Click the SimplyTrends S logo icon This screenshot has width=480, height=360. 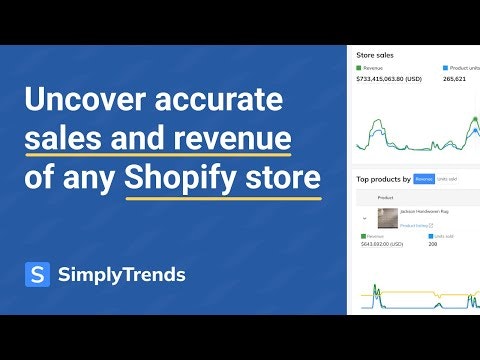point(37,275)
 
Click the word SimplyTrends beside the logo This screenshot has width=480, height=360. point(121,275)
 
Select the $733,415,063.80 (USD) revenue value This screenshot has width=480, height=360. point(396,78)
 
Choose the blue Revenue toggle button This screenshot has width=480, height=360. point(424,179)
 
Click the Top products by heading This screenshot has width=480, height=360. point(383,179)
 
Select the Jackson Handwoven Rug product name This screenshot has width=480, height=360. point(426,213)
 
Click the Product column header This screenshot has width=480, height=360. point(386,198)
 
